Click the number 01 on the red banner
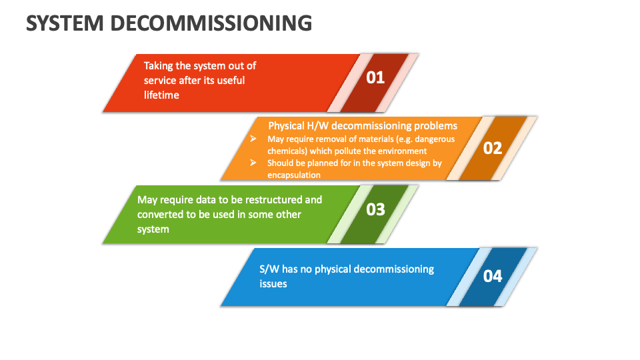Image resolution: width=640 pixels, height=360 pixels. click(375, 78)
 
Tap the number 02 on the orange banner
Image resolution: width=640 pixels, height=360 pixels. click(492, 148)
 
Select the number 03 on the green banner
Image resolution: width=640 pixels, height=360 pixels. click(375, 209)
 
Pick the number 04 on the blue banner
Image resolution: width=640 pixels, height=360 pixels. click(492, 276)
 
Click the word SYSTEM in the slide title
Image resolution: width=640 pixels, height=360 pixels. click(64, 23)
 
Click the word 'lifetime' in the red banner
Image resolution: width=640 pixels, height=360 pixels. click(161, 95)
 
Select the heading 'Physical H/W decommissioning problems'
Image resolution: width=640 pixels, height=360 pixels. click(363, 125)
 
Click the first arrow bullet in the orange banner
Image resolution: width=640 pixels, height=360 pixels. click(253, 139)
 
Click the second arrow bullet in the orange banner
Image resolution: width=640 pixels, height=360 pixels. click(253, 162)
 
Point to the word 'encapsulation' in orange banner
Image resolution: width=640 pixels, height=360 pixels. click(294, 175)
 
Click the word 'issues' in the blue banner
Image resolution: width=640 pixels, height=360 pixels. click(273, 283)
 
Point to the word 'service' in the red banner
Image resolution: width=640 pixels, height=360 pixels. click(160, 80)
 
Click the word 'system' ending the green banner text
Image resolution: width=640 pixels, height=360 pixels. click(153, 229)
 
